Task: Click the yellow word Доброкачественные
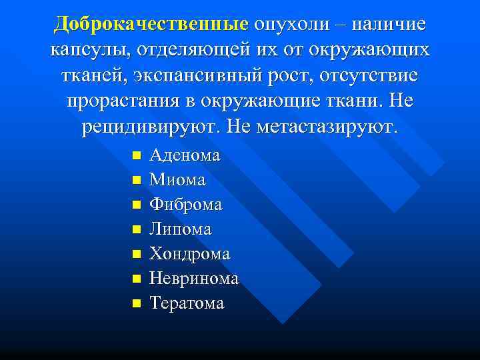pos(151,25)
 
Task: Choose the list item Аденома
pos(185,155)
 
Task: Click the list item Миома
pos(177,180)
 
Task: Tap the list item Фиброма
pos(186,205)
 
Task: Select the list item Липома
pos(181,229)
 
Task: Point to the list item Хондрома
pos(190,254)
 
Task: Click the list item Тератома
pos(187,303)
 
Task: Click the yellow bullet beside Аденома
pos(135,156)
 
